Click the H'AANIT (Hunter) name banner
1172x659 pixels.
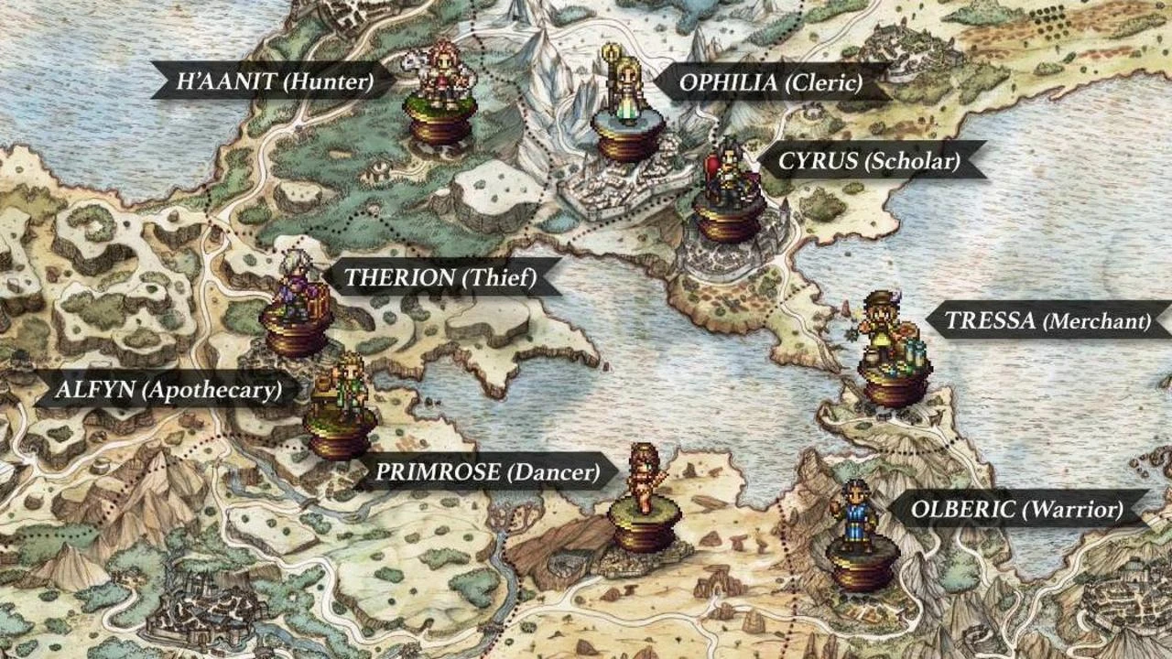(275, 81)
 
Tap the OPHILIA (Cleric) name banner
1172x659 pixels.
(770, 83)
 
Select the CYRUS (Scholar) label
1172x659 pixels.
(868, 162)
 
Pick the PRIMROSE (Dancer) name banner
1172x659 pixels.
(487, 472)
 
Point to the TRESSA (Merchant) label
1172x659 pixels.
(1047, 321)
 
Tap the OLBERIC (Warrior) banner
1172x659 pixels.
(1017, 509)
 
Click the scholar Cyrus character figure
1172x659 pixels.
(727, 174)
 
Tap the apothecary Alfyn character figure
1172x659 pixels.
(341, 384)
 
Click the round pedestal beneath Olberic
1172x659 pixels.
(862, 566)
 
